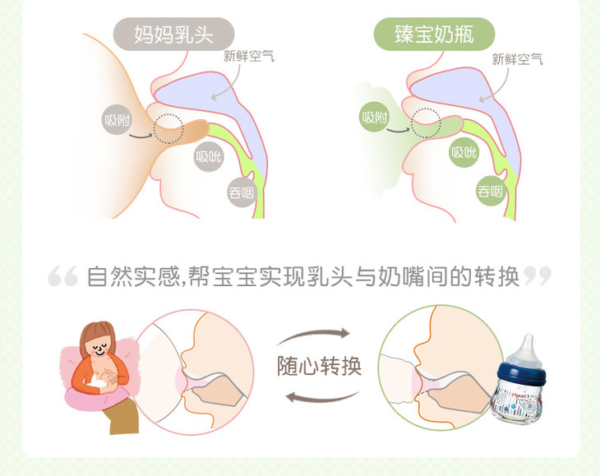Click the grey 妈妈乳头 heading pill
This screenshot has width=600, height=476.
pos(173,34)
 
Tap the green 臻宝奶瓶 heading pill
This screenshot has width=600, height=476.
pos(434,34)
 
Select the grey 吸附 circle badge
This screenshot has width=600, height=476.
pos(117,120)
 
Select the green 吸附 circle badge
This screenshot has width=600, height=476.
pos(375,117)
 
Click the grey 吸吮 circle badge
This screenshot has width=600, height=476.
pos(209,156)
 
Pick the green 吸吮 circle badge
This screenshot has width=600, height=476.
pos(464,152)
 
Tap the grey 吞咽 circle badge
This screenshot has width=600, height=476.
pos(242,192)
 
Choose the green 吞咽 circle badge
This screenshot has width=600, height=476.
pos(491,191)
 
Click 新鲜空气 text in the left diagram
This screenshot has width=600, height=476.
pos(249,56)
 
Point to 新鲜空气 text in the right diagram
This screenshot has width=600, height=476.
pos(517,59)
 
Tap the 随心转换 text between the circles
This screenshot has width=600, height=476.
pos(320,366)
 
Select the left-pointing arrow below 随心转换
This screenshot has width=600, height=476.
pos(323,398)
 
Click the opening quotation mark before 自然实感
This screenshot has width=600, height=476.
pos(62,276)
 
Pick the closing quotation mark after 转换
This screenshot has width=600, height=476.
pos(538,276)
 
